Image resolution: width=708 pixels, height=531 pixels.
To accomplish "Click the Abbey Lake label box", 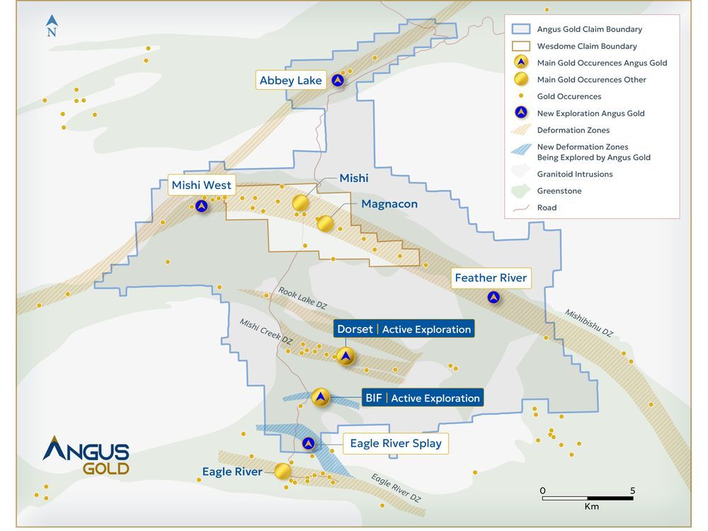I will click(x=290, y=81).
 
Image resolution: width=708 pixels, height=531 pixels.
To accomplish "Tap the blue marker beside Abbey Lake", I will click(x=338, y=81).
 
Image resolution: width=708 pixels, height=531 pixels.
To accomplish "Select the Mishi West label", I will click(x=201, y=185).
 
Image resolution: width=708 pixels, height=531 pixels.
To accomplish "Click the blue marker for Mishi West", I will click(x=202, y=207).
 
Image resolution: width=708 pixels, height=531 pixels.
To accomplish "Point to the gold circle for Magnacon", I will click(x=325, y=224).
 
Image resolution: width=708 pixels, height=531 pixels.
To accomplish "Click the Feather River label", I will click(x=491, y=278).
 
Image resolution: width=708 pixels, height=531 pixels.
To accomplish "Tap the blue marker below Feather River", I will click(x=493, y=298).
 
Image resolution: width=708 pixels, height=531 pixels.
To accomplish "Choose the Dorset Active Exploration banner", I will click(x=404, y=329).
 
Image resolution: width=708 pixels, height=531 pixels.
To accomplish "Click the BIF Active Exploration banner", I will click(x=422, y=398).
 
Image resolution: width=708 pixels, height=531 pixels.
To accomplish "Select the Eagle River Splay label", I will click(x=395, y=443).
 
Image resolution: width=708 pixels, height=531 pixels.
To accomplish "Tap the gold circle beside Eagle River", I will click(x=282, y=471).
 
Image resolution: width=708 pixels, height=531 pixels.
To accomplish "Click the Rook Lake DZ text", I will click(x=302, y=297).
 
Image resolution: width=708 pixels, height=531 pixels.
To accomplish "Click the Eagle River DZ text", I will click(x=396, y=488).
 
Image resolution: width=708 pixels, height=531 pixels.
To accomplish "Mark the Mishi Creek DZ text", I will click(x=265, y=331).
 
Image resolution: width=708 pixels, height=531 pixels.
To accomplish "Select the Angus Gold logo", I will click(x=86, y=455).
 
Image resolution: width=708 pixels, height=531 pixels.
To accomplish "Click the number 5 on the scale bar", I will click(x=632, y=491).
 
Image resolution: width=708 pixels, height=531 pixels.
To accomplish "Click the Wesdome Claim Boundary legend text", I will click(x=587, y=46).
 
